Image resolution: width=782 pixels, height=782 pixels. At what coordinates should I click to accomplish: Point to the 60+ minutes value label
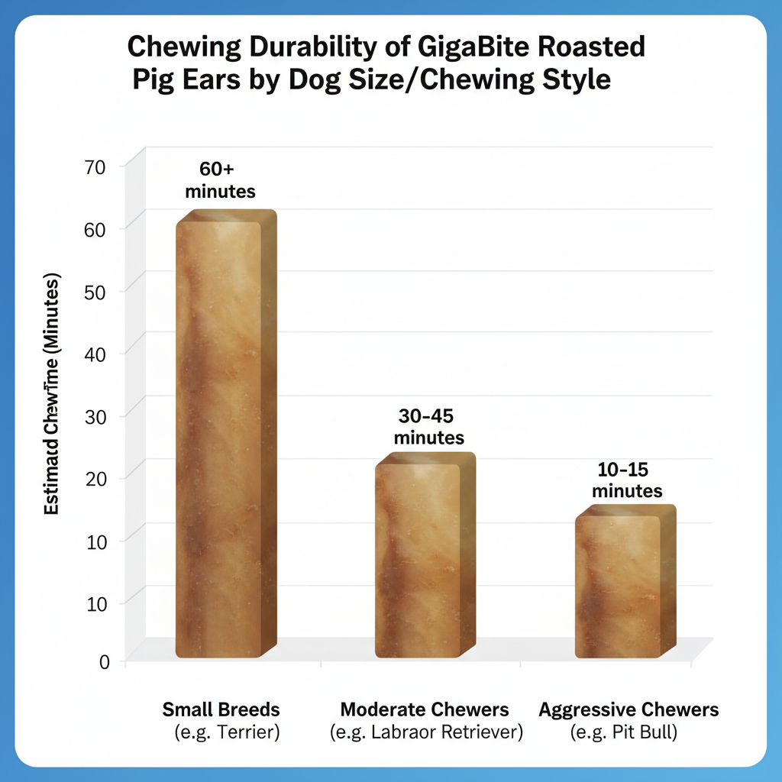click(220, 180)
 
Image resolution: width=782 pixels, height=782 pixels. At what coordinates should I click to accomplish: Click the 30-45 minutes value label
click(428, 427)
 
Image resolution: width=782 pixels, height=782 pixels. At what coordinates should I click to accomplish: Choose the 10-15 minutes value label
click(627, 480)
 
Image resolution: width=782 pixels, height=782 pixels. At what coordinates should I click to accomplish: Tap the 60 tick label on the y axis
click(101, 228)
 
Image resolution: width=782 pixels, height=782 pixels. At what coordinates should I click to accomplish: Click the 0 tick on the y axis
click(105, 662)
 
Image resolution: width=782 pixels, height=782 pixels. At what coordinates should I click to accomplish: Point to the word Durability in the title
click(286, 47)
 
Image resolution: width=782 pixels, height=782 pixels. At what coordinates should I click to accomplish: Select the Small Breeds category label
click(221, 709)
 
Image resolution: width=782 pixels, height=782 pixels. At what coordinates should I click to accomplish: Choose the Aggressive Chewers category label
click(629, 709)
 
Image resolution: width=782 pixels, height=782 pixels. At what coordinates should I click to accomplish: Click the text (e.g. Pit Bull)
click(625, 733)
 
